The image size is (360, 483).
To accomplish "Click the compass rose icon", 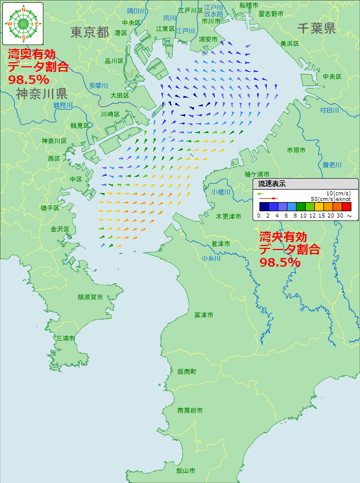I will [x=23, y=23].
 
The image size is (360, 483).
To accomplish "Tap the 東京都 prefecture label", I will [x=90, y=32].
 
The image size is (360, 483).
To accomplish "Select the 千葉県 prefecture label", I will [x=316, y=29].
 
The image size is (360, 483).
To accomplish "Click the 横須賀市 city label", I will [x=90, y=297].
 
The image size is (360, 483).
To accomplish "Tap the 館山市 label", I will [x=186, y=471].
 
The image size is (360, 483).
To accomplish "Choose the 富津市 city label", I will [x=203, y=315].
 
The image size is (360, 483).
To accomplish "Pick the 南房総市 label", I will [x=190, y=410].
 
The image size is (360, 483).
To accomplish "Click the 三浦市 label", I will [x=65, y=339].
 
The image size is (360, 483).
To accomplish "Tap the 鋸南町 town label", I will [x=187, y=372].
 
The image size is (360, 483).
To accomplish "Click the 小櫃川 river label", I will [x=220, y=192].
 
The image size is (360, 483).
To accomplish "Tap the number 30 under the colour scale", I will [x=339, y=216].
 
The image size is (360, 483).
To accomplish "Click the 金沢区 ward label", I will [x=59, y=229].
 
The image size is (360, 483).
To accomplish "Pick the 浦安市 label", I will [x=208, y=39].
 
